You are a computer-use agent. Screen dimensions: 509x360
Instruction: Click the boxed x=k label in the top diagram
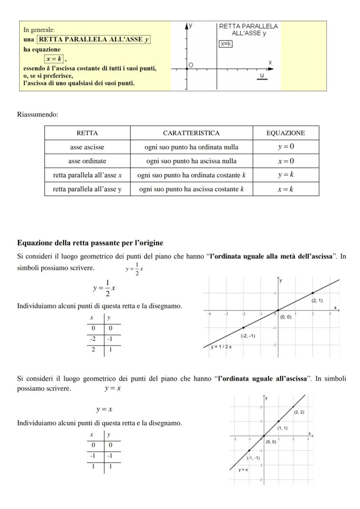pyautogui.click(x=226, y=43)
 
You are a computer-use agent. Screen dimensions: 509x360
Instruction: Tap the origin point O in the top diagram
pyautogui.click(x=187, y=68)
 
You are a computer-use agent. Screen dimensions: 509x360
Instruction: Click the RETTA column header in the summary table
pyautogui.click(x=87, y=133)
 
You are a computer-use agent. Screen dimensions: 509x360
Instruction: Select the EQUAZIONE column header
pyautogui.click(x=286, y=133)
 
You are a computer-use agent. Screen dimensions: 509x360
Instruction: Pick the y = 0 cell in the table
pyautogui.click(x=286, y=147)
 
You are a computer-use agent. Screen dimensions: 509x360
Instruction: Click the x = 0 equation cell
pyautogui.click(x=286, y=161)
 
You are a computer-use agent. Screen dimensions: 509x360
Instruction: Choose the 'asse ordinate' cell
pyautogui.click(x=87, y=161)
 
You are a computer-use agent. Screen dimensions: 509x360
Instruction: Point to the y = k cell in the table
pyautogui.click(x=286, y=175)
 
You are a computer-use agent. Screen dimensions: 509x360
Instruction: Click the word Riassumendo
pyautogui.click(x=37, y=115)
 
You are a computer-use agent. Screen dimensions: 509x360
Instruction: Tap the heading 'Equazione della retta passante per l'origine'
pyautogui.click(x=90, y=243)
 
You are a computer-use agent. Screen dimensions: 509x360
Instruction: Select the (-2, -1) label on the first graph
pyautogui.click(x=248, y=336)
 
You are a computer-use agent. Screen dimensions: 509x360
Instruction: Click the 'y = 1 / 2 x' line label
pyautogui.click(x=221, y=347)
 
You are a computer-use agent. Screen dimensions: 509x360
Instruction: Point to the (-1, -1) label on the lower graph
pyautogui.click(x=253, y=458)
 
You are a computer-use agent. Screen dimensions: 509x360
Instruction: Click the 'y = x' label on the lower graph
pyautogui.click(x=243, y=470)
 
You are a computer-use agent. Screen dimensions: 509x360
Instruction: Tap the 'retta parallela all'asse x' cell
pyautogui.click(x=87, y=175)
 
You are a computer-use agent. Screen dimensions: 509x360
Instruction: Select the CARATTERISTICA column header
pyautogui.click(x=191, y=133)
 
